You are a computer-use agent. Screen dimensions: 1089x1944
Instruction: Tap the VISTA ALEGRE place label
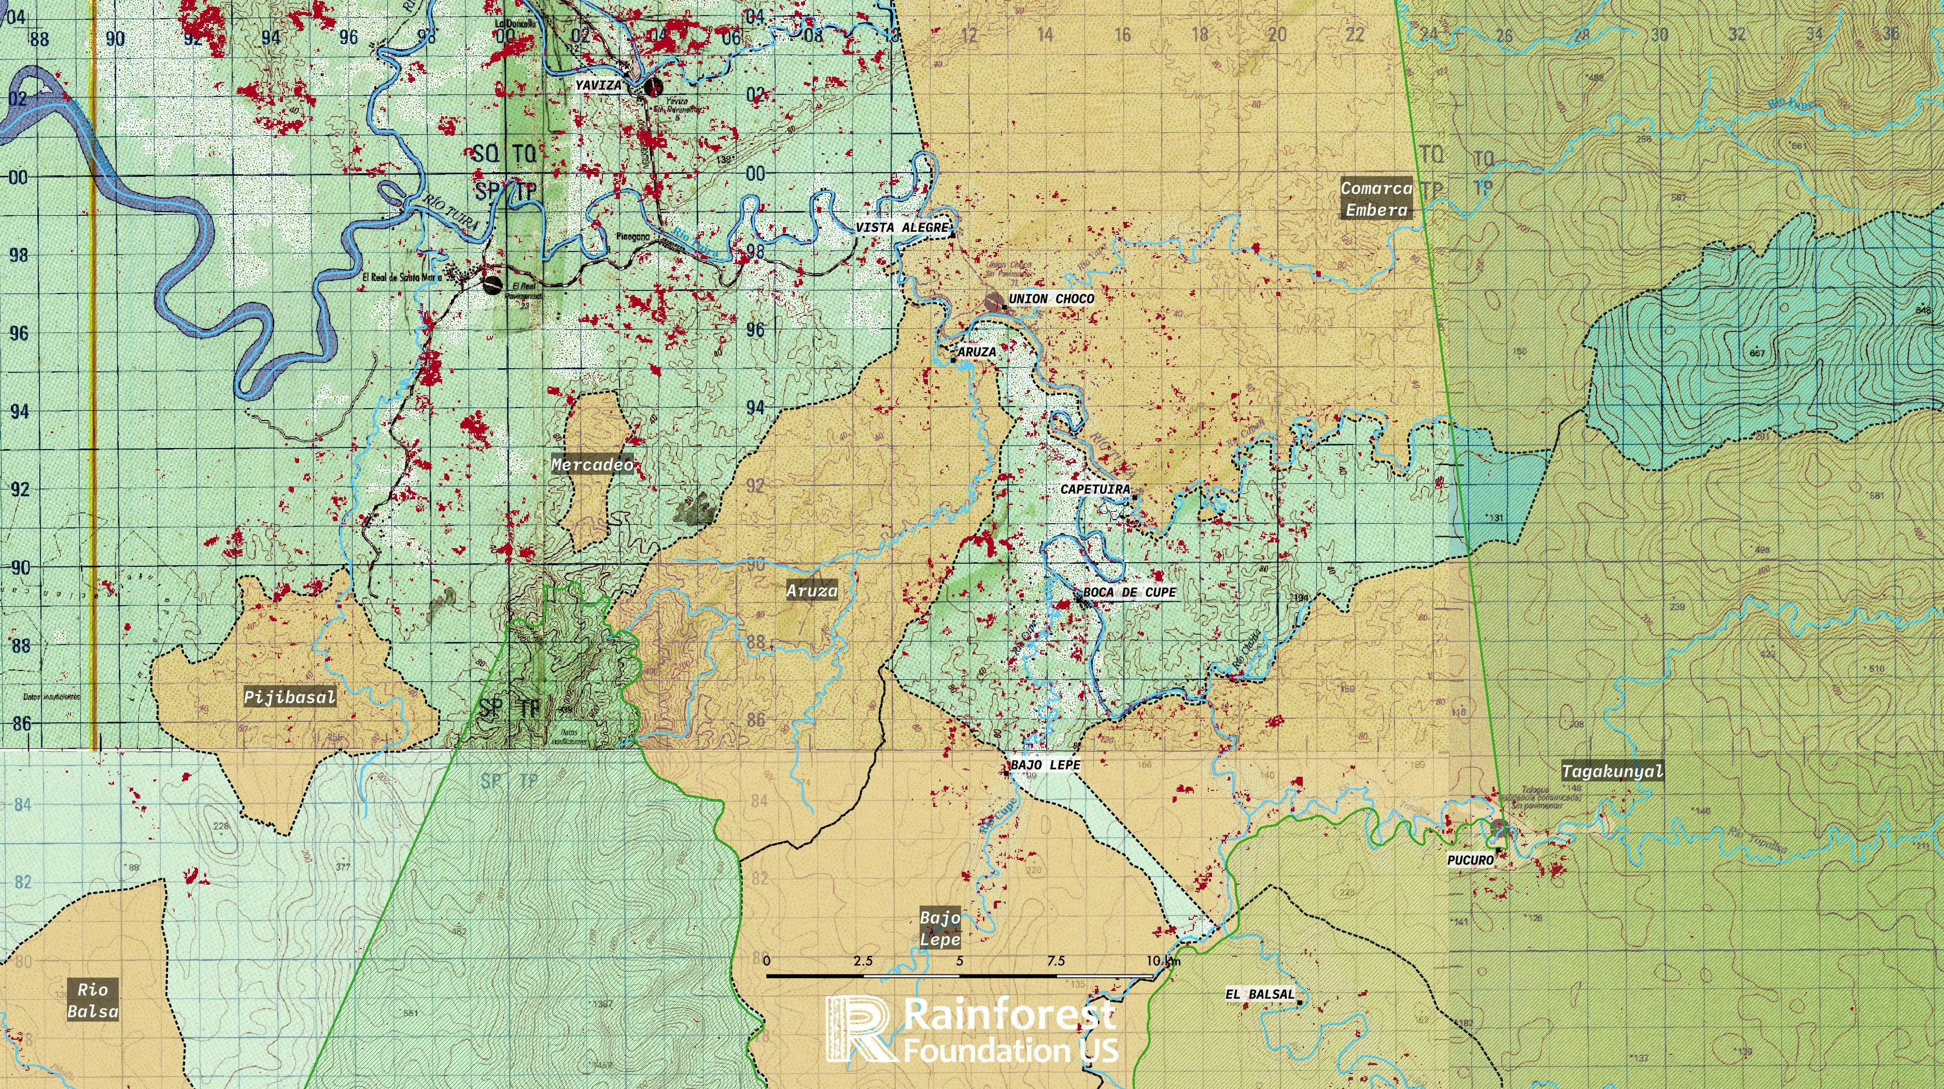tap(902, 227)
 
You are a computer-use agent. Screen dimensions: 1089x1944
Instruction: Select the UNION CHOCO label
tap(1050, 299)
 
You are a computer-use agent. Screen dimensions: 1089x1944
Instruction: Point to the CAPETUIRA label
tap(1095, 489)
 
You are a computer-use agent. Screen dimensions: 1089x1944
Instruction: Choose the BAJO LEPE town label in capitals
tap(1045, 764)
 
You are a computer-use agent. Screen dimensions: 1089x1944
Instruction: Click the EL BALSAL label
tap(1260, 995)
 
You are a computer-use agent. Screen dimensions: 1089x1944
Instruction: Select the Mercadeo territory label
tap(591, 465)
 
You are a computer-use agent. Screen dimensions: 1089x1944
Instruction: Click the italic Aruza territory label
tap(812, 591)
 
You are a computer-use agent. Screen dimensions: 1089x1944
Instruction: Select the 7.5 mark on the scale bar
tap(1056, 961)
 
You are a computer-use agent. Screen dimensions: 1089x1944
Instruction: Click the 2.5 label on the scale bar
tap(863, 961)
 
